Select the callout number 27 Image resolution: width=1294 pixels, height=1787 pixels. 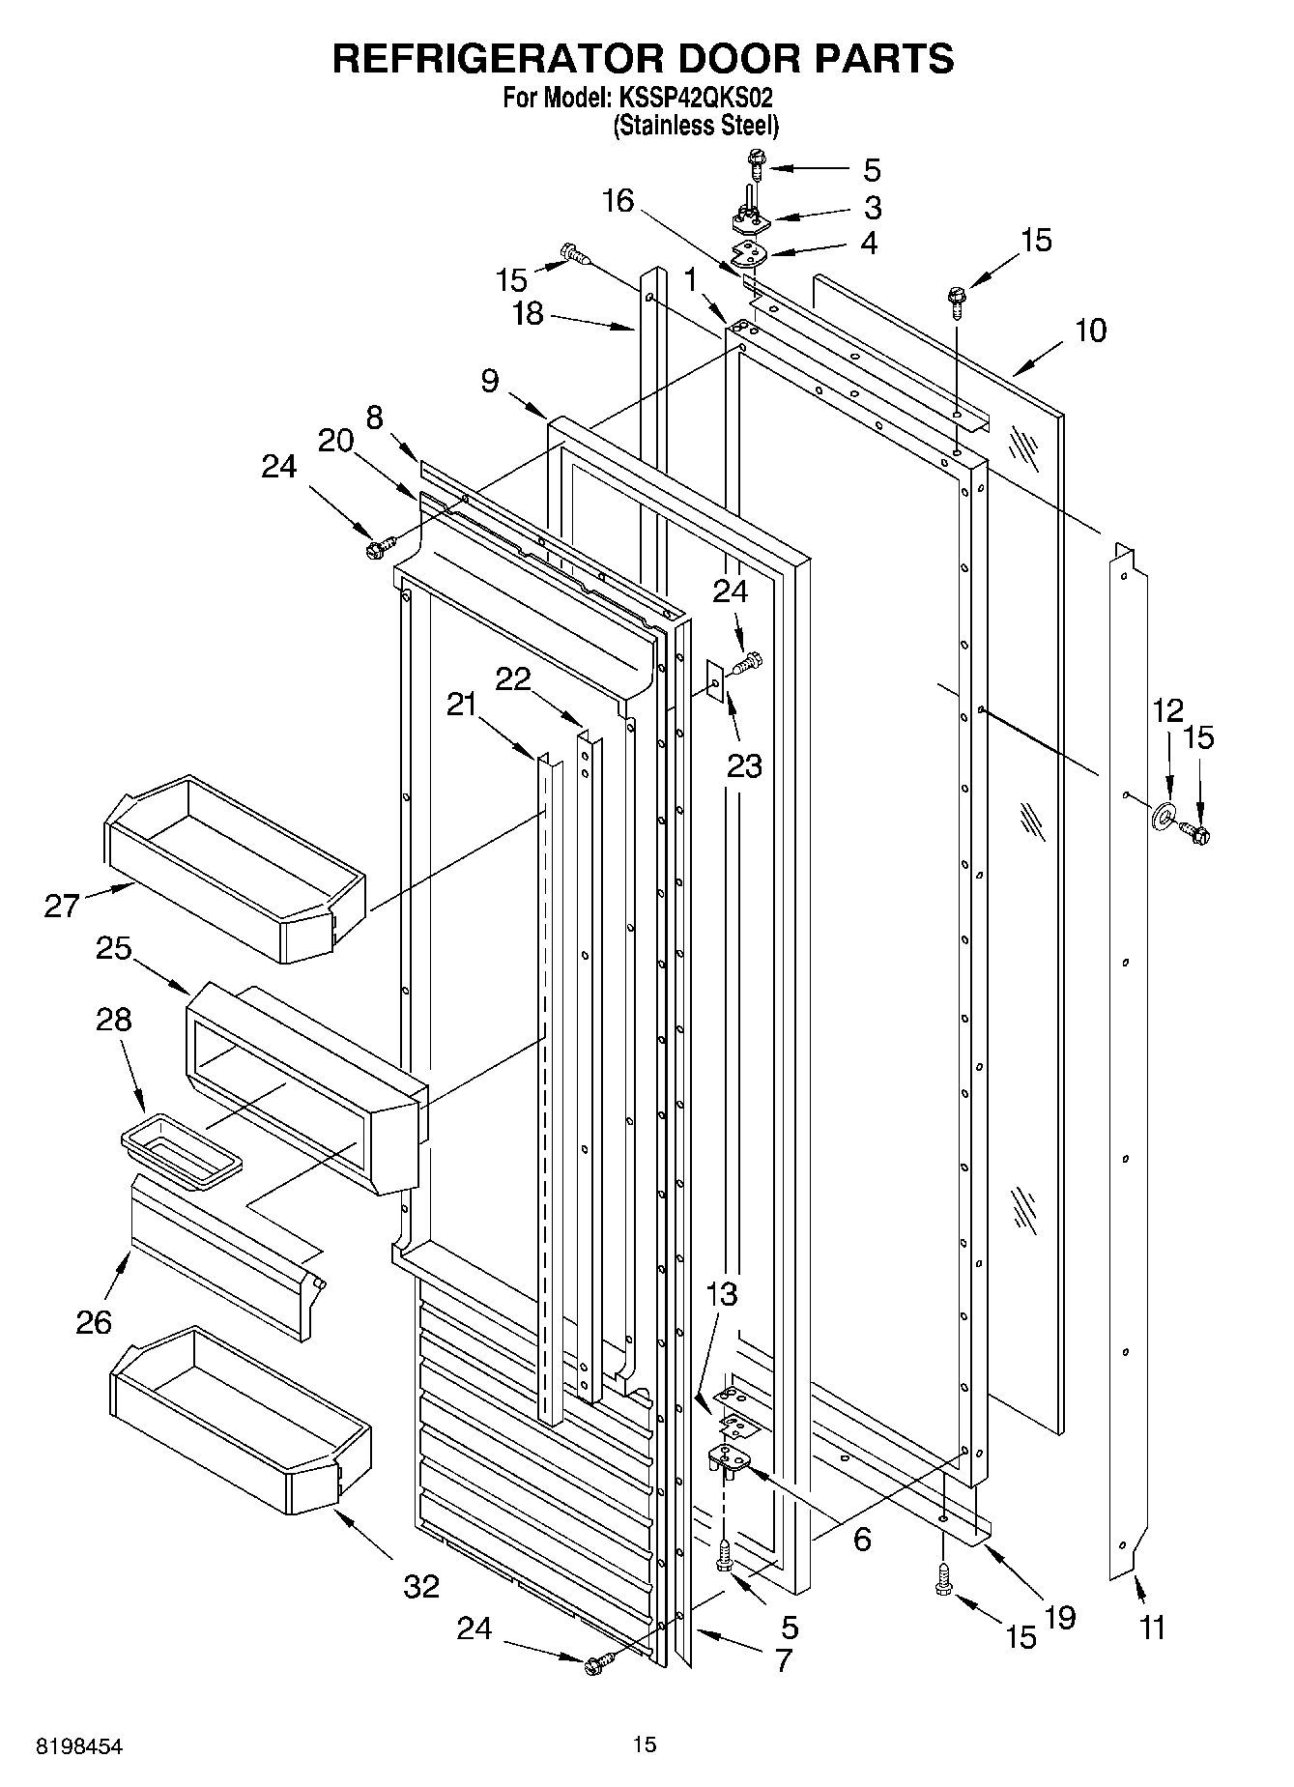point(62,907)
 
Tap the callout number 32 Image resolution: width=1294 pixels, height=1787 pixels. point(421,1586)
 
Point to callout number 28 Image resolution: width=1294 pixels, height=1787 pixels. point(114,1020)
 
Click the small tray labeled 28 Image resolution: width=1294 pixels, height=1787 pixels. point(181,1147)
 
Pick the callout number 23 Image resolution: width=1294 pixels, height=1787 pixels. point(744,765)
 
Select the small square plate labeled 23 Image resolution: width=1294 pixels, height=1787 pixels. point(714,683)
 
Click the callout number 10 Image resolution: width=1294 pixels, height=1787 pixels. point(1091,331)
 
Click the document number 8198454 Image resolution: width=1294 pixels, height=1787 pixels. point(80,1746)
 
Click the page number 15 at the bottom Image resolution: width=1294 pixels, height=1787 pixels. point(645,1744)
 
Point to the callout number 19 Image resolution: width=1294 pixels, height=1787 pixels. point(1060,1617)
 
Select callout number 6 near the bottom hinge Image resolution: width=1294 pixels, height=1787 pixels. point(862,1538)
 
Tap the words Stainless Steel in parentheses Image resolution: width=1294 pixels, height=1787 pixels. point(696,126)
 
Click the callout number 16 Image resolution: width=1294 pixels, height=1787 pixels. point(618,201)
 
